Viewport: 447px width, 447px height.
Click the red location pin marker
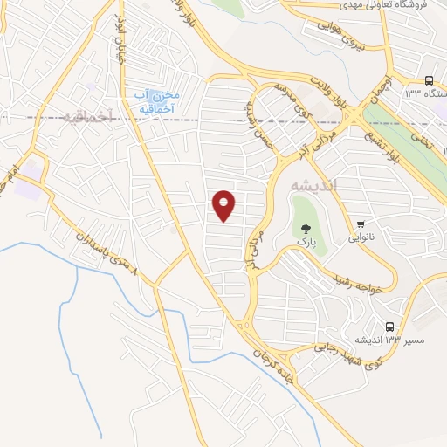[224, 205]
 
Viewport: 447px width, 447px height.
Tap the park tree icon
[305, 228]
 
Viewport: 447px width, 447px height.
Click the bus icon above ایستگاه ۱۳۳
[429, 80]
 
